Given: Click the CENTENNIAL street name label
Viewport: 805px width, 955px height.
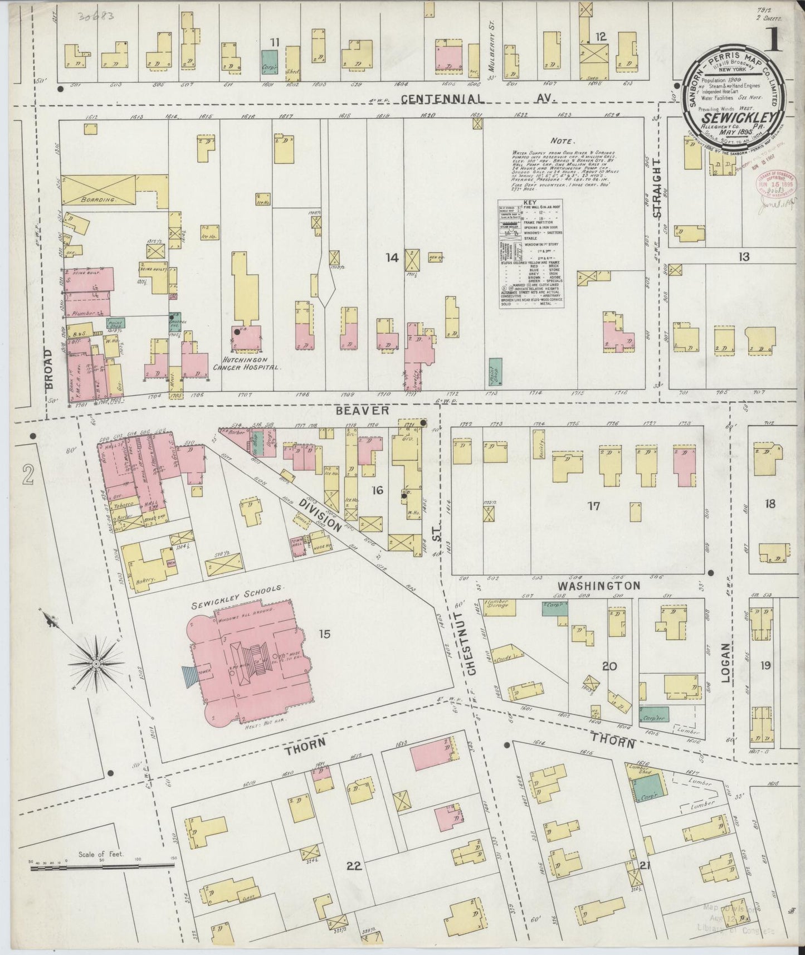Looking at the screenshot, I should tap(442, 99).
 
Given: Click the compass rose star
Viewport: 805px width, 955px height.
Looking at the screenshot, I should tap(96, 663).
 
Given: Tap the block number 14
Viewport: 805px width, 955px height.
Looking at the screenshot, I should tap(392, 257).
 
